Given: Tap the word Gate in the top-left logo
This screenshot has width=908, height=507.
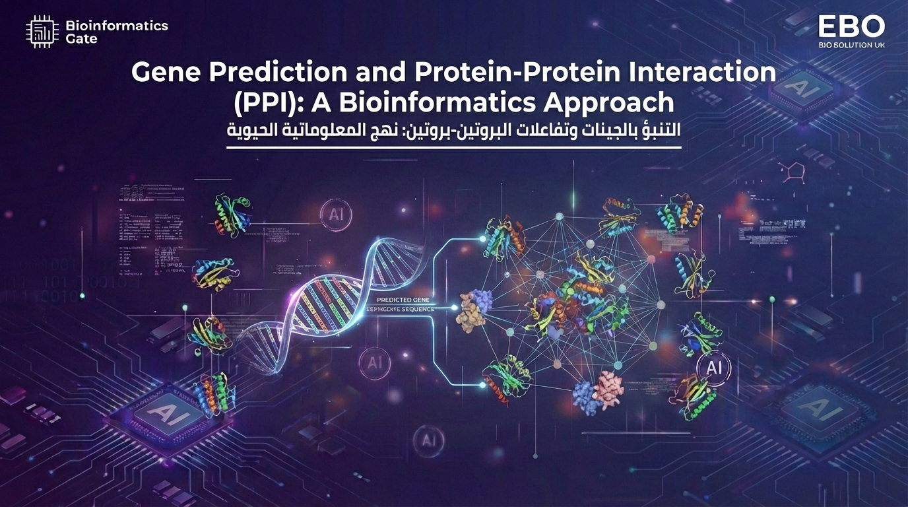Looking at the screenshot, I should point(81,39).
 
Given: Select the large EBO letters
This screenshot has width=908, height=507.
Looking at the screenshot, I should point(851,26).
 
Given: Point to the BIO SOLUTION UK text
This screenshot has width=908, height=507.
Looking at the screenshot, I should point(851,45).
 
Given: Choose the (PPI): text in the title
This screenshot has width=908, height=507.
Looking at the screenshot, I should point(267,104).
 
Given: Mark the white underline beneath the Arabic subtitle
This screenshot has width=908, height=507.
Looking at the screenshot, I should point(454,147).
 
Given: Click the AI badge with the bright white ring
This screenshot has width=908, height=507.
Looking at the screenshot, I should point(713,367).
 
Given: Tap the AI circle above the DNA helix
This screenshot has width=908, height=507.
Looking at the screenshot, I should point(335,215).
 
